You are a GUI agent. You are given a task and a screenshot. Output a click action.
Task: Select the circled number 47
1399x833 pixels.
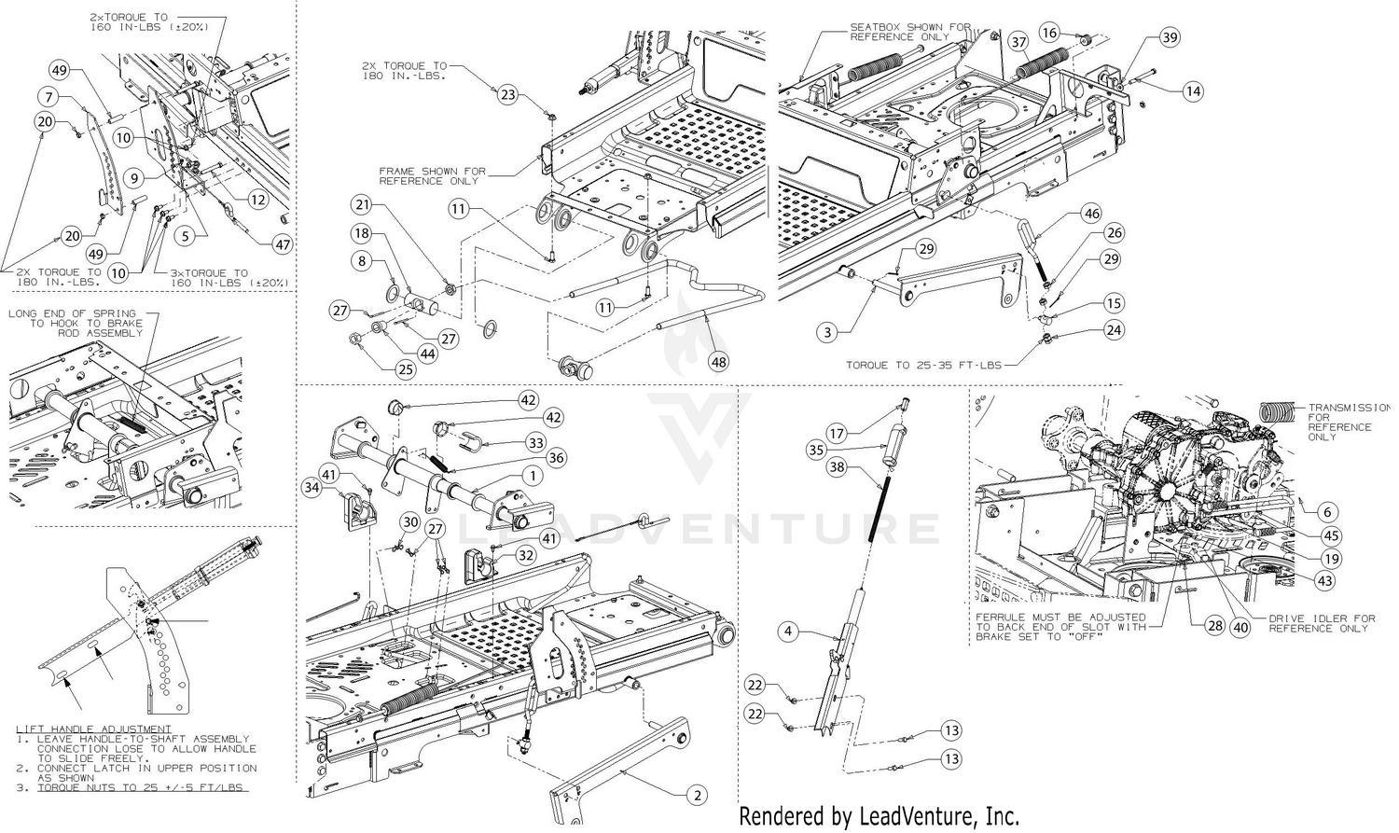click(x=282, y=244)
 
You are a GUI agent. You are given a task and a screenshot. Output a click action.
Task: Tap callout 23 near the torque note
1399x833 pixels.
click(x=507, y=94)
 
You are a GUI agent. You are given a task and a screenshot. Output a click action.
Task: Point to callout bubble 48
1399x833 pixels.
click(x=719, y=361)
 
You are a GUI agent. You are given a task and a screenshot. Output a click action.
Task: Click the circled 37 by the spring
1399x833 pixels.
click(x=1018, y=42)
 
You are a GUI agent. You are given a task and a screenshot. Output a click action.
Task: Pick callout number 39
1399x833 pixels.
click(x=1170, y=38)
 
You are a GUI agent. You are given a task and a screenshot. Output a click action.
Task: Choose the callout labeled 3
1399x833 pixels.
click(x=825, y=331)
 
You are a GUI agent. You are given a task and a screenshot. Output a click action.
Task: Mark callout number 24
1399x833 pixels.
click(x=1114, y=329)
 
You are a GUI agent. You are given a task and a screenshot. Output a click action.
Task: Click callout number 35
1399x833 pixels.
click(x=817, y=450)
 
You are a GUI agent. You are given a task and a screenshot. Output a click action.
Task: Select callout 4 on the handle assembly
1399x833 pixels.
click(x=788, y=632)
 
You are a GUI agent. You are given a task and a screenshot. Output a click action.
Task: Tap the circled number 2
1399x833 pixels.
click(x=696, y=796)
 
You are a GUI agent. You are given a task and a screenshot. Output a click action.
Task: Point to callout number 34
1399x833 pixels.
click(x=312, y=485)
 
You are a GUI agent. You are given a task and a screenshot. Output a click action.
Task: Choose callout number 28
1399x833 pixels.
click(x=1214, y=627)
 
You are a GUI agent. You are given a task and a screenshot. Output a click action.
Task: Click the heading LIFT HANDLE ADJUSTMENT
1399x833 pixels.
click(x=94, y=729)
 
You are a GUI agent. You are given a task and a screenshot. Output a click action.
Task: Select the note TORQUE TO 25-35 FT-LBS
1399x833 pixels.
click(x=923, y=365)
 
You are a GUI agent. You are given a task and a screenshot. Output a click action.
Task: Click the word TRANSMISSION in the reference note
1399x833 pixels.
click(x=1349, y=408)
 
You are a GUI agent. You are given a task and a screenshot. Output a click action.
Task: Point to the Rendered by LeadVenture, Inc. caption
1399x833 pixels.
click(x=879, y=816)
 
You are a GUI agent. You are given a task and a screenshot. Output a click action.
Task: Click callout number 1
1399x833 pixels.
click(x=533, y=476)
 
